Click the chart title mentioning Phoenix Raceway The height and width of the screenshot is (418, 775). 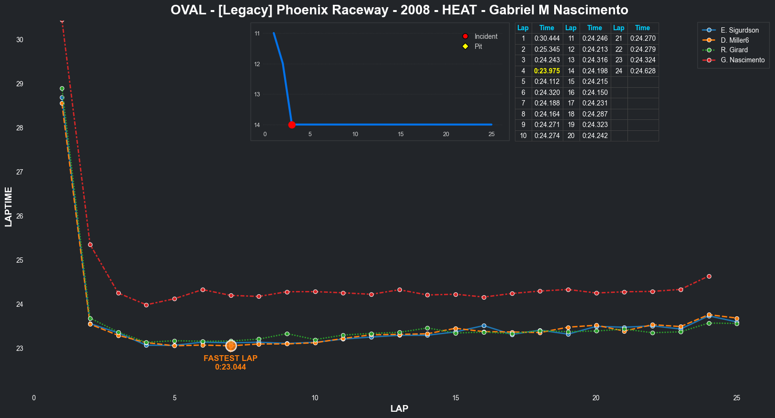tap(399, 10)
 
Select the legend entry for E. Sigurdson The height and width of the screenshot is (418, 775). tap(739, 30)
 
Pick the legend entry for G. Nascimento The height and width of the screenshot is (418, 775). tap(742, 60)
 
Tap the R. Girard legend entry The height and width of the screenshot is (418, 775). tap(734, 50)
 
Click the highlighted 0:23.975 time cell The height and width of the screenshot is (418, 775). tap(547, 71)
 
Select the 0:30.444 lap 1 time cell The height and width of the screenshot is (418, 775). tap(547, 38)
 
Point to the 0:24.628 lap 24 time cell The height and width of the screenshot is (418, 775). tap(642, 71)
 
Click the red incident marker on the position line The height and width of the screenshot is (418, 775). tap(292, 125)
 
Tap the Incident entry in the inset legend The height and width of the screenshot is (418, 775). tap(485, 36)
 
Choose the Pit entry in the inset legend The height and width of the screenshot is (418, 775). tap(478, 46)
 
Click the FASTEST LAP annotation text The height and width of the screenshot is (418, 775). tap(230, 358)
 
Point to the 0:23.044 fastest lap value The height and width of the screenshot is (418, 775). tap(230, 367)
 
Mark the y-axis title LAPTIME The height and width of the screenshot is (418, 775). tap(9, 207)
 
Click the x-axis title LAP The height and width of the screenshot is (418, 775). tap(399, 408)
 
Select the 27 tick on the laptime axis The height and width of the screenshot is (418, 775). tap(20, 172)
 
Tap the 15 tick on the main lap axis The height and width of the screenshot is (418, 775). tap(456, 398)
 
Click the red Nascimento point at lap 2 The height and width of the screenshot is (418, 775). tap(90, 245)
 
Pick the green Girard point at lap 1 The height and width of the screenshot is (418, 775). tap(62, 89)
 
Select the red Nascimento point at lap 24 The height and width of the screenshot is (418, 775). tap(709, 277)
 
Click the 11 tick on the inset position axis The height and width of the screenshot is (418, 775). tap(257, 34)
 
